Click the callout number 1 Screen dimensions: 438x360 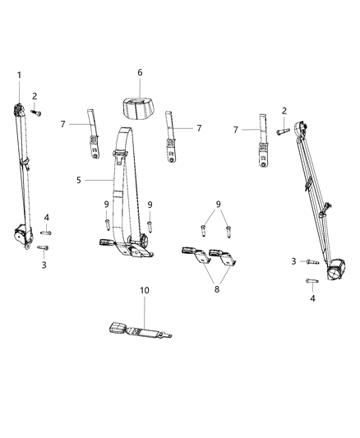point(18,76)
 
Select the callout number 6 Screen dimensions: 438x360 point(139,72)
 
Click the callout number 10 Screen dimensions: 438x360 point(144,291)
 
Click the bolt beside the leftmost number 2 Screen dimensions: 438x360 point(36,113)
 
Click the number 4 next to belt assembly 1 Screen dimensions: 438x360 point(46,217)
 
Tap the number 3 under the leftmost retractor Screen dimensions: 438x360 point(44,265)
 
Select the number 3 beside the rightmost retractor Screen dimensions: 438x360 point(293,261)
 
